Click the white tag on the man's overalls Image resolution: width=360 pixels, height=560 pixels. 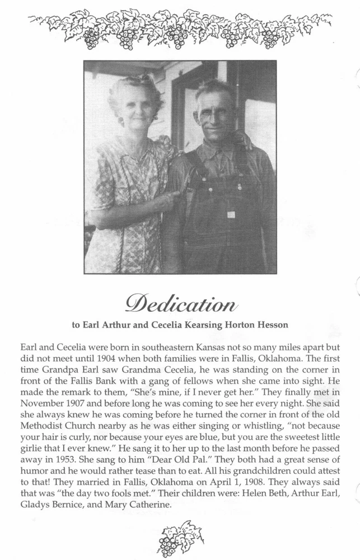pos(230,214)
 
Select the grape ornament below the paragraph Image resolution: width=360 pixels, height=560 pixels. pos(180,539)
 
